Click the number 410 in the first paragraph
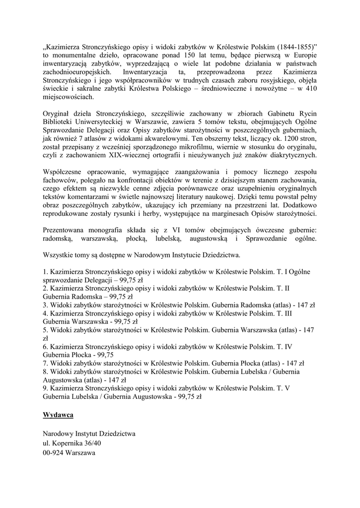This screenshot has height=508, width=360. coord(311,89)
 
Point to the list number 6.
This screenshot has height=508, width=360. coord(45,346)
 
